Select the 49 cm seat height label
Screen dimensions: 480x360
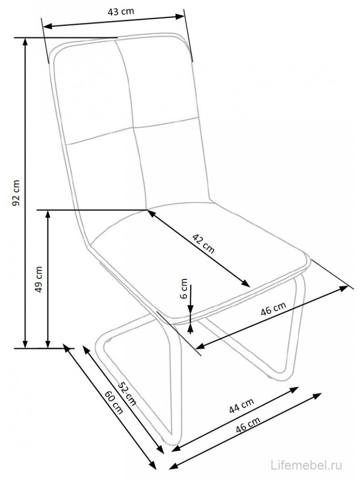(x=40, y=278)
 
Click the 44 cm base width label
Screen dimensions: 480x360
(x=241, y=406)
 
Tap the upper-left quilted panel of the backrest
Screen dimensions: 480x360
(x=91, y=91)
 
